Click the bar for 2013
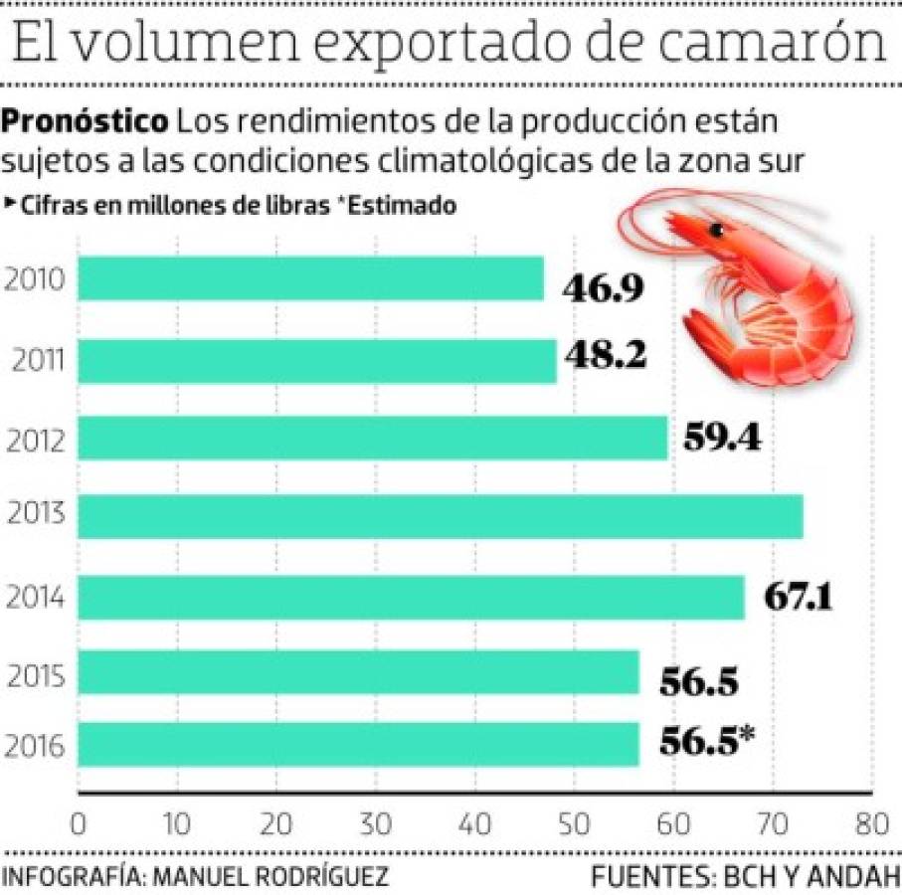[x=440, y=517]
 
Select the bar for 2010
[x=310, y=279]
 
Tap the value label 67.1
[x=798, y=597]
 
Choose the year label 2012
[x=36, y=439]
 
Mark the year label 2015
[x=36, y=678]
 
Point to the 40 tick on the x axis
[x=475, y=824]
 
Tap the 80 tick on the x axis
[x=870, y=824]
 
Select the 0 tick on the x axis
[x=78, y=824]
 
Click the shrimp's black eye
[x=716, y=231]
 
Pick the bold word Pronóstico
[x=86, y=124]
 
